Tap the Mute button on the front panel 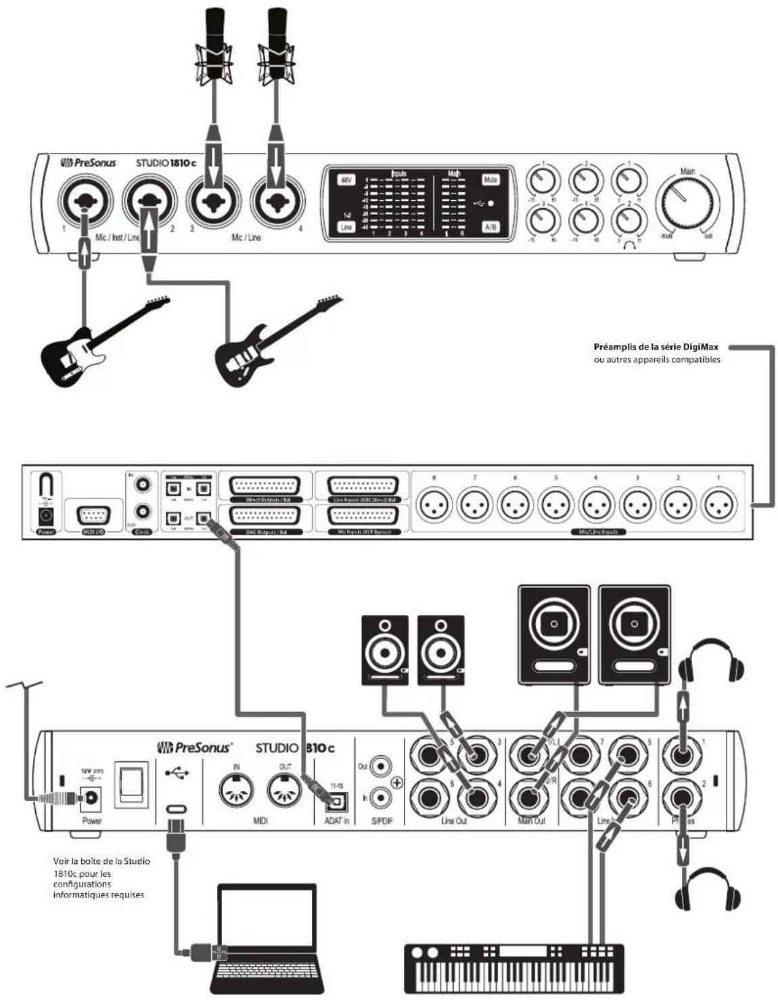[490, 180]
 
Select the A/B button [490, 227]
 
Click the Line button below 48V [346, 227]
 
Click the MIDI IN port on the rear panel [237, 788]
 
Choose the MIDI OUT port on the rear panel [284, 788]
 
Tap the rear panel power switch [131, 784]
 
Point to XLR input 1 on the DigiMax [718, 506]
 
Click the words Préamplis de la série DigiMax [656, 347]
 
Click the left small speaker [385, 650]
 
